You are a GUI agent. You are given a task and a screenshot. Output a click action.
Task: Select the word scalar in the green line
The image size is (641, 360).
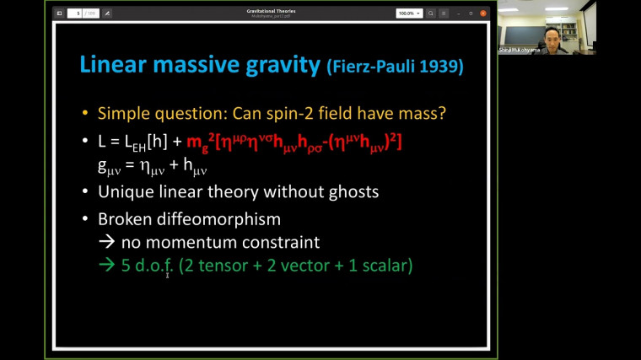[383, 266]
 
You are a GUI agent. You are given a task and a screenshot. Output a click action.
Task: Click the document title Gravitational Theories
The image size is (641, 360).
[277, 11]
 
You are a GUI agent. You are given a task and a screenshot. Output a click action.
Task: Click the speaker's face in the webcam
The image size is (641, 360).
[557, 35]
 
